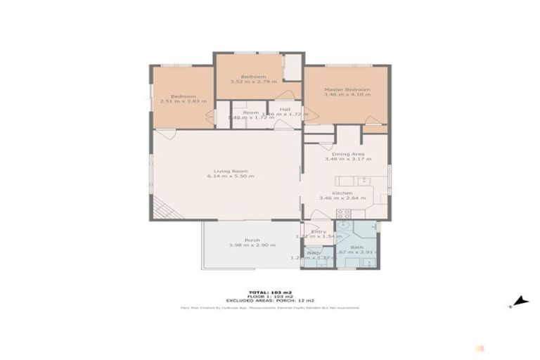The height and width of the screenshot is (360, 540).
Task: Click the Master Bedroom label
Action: tap(347, 89)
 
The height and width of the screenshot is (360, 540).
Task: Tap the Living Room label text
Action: tap(230, 170)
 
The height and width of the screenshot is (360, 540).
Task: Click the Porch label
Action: tap(252, 240)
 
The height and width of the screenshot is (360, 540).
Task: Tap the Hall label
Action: tap(285, 109)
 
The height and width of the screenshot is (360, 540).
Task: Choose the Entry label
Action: tap(319, 232)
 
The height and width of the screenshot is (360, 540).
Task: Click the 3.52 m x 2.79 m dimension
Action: tap(252, 82)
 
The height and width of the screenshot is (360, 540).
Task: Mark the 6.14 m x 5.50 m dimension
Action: tap(230, 176)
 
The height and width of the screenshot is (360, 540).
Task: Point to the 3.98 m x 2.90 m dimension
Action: tap(252, 245)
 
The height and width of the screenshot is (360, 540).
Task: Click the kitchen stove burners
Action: tap(343, 213)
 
